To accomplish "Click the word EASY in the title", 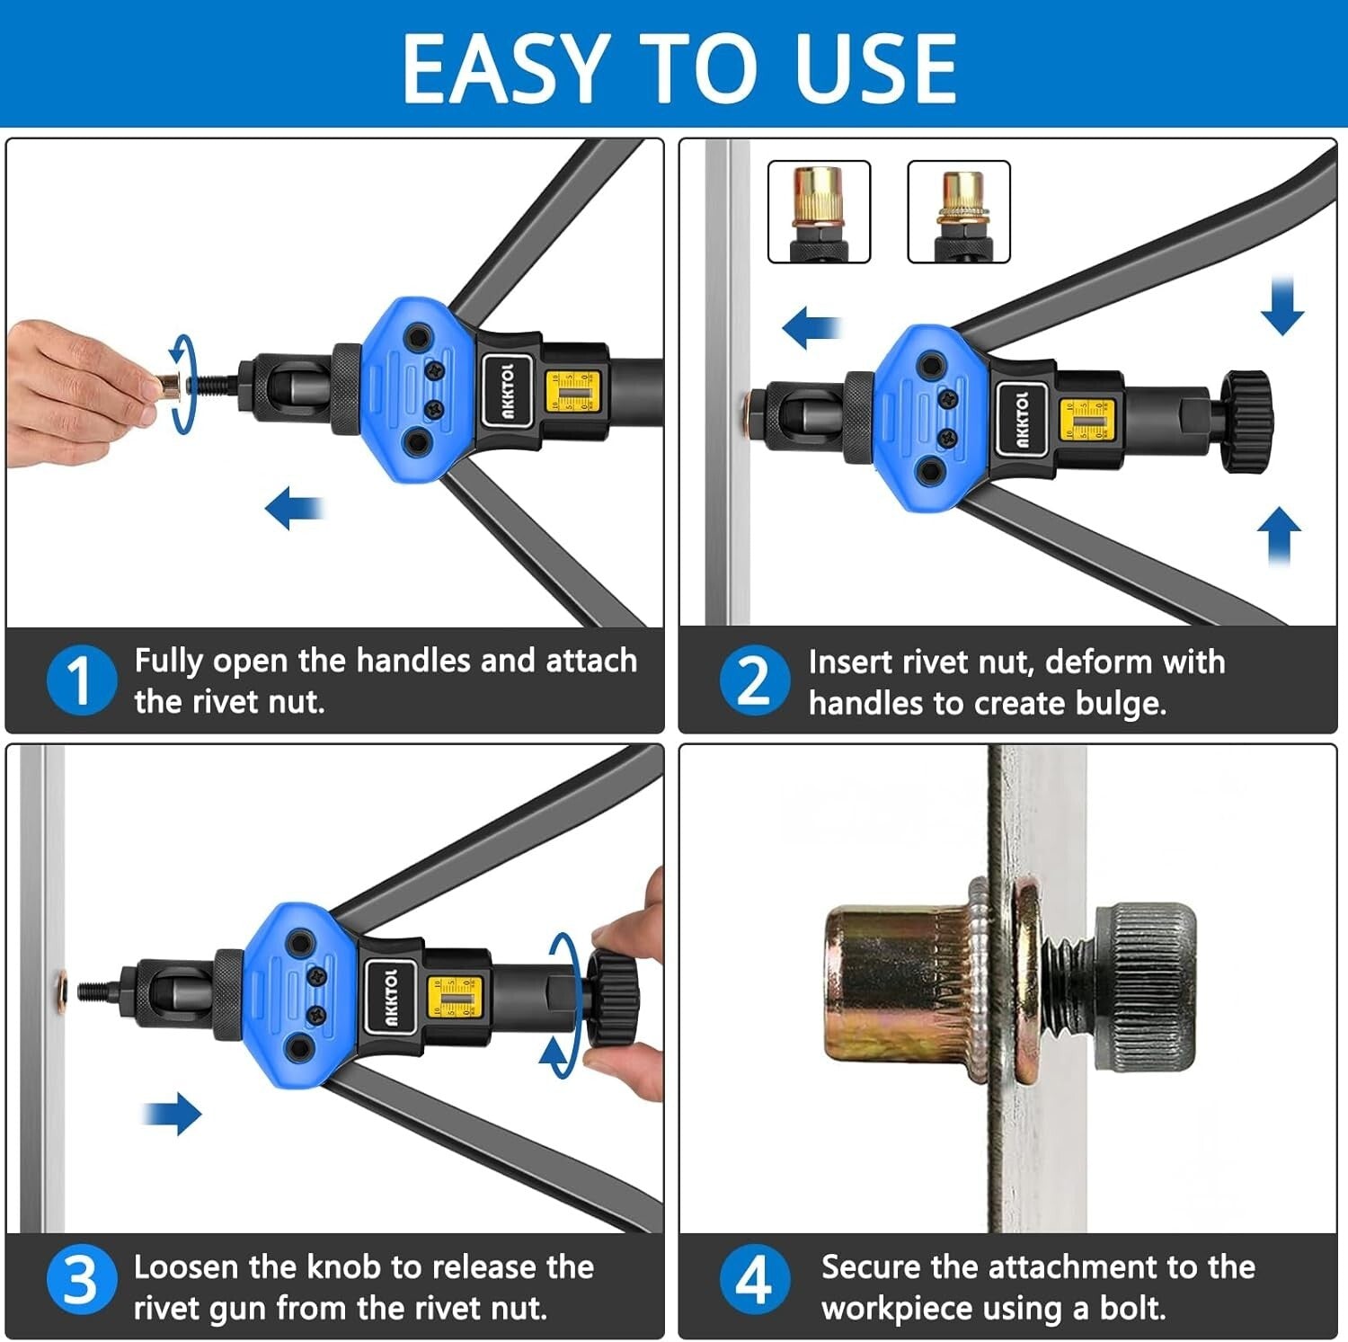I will pos(503,67).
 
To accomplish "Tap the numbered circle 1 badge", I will pos(81,680).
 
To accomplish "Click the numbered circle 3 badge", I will pos(81,1280).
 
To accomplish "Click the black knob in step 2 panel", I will pos(1246,421).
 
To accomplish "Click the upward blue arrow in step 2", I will pos(1280,536).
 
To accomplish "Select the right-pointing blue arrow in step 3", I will pos(173,1114).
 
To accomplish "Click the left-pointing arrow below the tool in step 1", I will pos(294,508).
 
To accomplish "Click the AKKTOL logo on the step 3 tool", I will pos(391,997).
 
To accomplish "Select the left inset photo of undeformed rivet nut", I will pos(819,212).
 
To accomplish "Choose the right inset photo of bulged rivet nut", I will pos(959,212).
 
